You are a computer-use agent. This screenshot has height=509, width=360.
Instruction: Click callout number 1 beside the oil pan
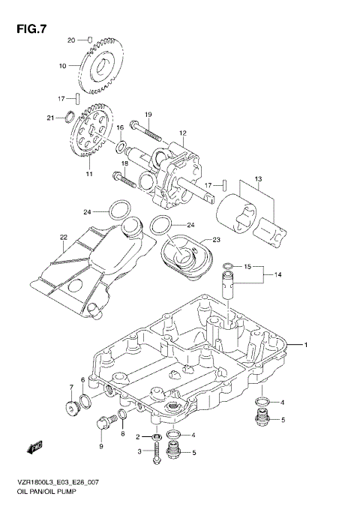point(306,345)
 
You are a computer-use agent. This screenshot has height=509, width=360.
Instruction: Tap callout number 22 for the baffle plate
point(64,238)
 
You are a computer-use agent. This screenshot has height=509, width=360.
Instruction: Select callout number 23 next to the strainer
point(216,240)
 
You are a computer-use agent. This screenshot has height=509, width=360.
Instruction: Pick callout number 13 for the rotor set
point(257,178)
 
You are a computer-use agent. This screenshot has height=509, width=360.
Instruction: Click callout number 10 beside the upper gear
point(64,65)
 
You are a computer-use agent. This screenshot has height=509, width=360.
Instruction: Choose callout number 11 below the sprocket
point(88,175)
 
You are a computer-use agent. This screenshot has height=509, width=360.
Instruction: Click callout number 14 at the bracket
point(277,275)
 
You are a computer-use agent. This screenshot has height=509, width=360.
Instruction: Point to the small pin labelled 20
point(88,38)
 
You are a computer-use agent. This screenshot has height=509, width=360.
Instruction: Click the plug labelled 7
point(73,409)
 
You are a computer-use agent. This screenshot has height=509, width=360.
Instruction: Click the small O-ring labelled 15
point(227,265)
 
